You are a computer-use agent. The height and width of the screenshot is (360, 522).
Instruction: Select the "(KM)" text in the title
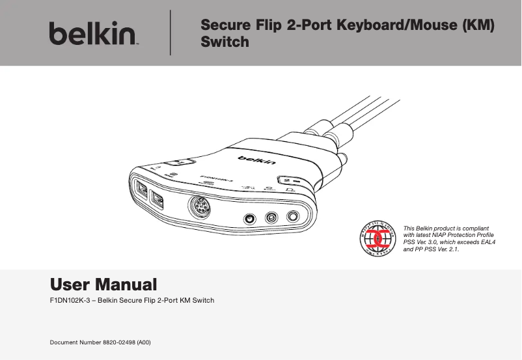[477, 26]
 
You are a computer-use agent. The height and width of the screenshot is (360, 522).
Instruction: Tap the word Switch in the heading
[225, 42]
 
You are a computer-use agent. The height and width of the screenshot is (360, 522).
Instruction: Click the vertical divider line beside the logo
[170, 33]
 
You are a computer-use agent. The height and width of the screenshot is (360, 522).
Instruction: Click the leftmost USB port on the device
[142, 189]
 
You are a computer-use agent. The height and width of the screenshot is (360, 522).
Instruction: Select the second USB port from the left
[157, 199]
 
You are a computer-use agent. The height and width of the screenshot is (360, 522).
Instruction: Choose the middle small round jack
[271, 219]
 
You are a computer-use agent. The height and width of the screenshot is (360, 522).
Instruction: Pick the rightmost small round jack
[294, 216]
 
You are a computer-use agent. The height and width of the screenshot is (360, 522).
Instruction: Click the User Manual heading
[103, 284]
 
